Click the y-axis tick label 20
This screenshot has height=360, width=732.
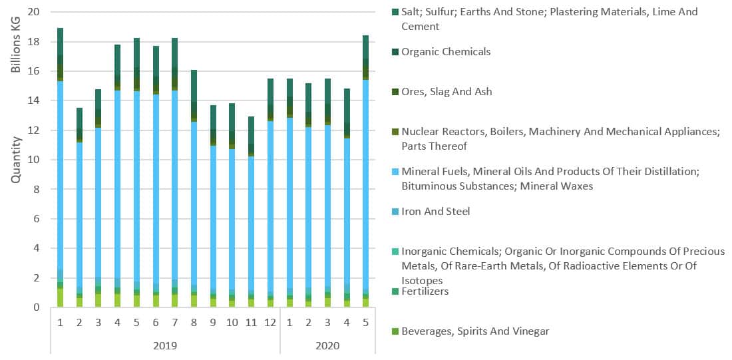[33, 12]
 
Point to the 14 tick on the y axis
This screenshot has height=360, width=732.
[33, 100]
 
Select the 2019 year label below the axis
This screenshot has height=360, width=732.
[165, 346]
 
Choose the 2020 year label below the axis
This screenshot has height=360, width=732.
[327, 346]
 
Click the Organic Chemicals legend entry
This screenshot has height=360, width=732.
[445, 52]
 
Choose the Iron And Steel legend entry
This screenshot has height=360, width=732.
[435, 212]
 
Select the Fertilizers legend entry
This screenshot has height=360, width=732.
[425, 291]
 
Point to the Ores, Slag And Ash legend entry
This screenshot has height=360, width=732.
[447, 92]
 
